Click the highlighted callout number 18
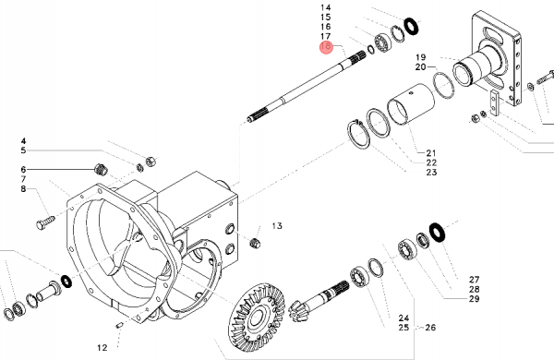(326, 46)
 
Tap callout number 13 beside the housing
(277, 226)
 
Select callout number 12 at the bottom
(102, 348)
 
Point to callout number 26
(430, 328)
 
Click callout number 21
(431, 153)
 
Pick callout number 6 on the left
(23, 170)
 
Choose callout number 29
(475, 299)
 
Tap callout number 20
(421, 66)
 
